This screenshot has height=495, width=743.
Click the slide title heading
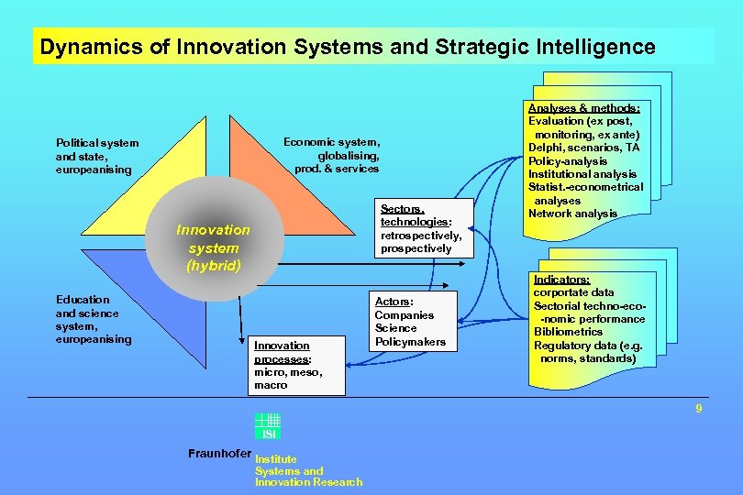pyautogui.click(x=348, y=47)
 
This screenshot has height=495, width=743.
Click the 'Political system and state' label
pyautogui.click(x=97, y=156)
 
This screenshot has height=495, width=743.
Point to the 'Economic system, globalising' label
pyautogui.click(x=331, y=155)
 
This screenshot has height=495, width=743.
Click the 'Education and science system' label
pyautogui.click(x=94, y=319)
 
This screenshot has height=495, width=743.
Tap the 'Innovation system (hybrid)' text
pyautogui.click(x=213, y=247)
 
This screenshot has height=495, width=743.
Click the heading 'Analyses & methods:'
pyautogui.click(x=584, y=107)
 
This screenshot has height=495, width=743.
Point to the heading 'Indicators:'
pyautogui.click(x=561, y=279)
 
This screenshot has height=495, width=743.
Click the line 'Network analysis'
pyautogui.click(x=573, y=214)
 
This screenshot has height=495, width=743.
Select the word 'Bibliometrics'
pyautogui.click(x=568, y=332)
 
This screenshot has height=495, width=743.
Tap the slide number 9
pyautogui.click(x=698, y=409)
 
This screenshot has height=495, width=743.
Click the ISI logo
pyautogui.click(x=268, y=426)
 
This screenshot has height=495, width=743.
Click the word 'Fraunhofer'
pyautogui.click(x=218, y=453)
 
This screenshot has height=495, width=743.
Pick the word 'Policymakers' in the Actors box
pyautogui.click(x=410, y=342)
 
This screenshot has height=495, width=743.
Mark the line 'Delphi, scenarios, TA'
pyautogui.click(x=584, y=148)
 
